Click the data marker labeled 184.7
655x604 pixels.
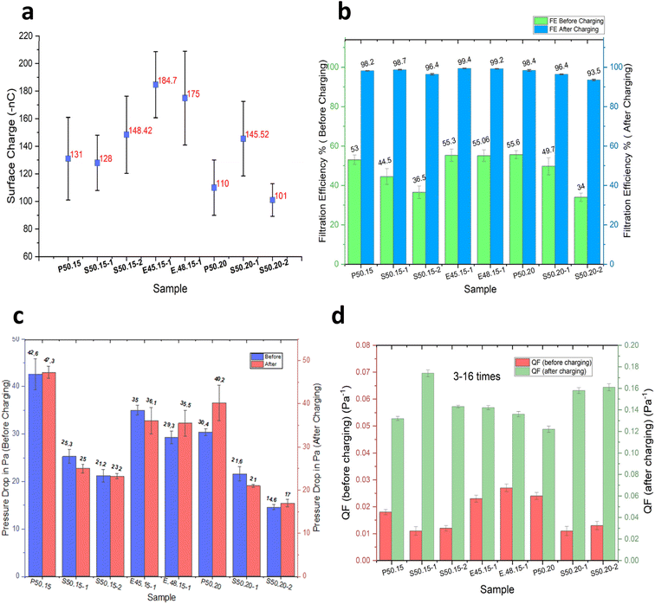pyautogui.click(x=156, y=84)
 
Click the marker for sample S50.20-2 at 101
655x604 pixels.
pyautogui.click(x=273, y=200)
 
